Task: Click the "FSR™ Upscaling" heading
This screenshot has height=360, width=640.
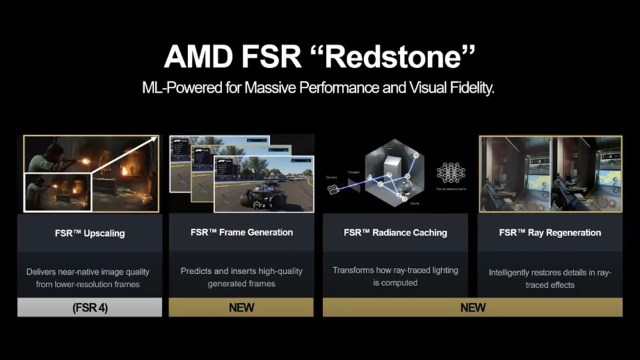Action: coord(90,233)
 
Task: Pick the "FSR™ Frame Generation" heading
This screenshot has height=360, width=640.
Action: coord(241,233)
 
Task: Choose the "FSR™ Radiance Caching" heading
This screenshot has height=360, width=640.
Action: coord(395,233)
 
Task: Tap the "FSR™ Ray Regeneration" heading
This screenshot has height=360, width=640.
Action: coord(550,233)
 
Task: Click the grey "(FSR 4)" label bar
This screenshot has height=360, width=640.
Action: coord(90,307)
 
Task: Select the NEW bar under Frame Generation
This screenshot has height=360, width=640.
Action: coord(241,307)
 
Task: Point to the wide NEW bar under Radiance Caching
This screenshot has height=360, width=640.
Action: coord(473,307)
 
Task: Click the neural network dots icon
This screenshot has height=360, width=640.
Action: coord(451,172)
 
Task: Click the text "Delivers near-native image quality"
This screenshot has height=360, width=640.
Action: coord(88,272)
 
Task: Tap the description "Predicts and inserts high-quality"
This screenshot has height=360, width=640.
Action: coord(241,271)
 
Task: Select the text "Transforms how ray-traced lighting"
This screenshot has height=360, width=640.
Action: coord(395,270)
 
